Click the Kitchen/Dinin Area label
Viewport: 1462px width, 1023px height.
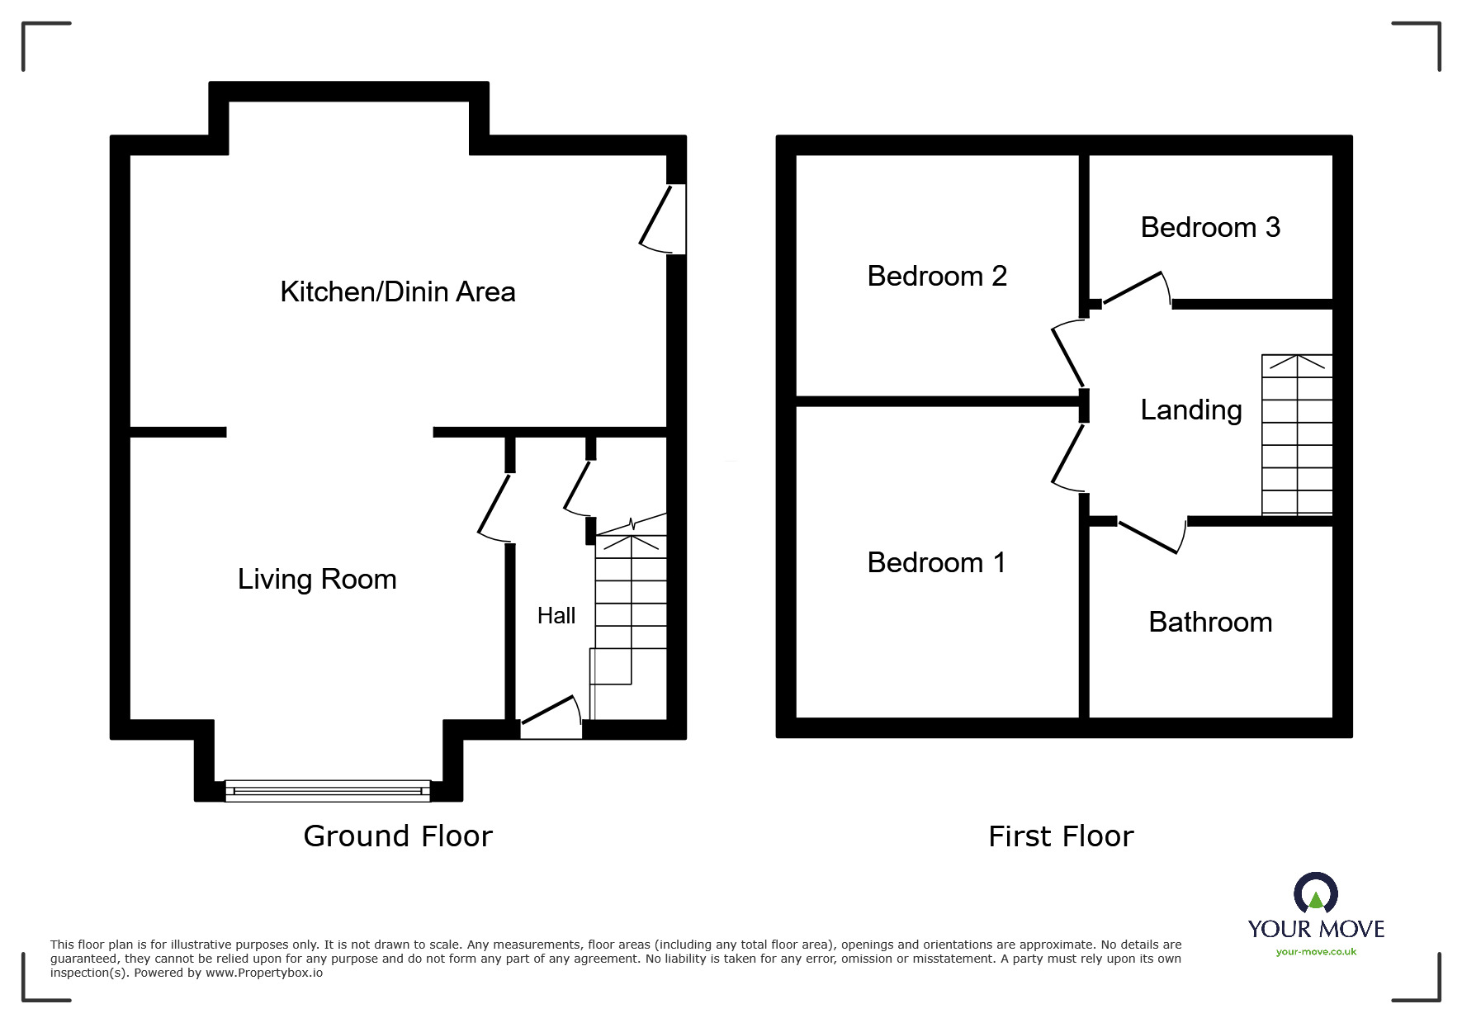point(397,291)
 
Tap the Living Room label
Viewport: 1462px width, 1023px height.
point(317,579)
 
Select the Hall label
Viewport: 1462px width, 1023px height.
point(556,615)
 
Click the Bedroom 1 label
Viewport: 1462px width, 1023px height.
point(936,562)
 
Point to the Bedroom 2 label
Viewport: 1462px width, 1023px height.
point(937,276)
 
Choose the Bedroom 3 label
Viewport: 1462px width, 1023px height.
point(1210,227)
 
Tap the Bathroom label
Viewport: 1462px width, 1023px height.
point(1210,622)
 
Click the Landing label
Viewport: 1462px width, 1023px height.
point(1190,410)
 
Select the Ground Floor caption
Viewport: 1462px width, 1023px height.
point(397,836)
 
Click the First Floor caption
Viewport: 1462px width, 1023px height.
point(1061,836)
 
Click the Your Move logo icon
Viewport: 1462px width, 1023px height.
point(1315,893)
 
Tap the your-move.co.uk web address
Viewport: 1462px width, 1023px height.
point(1316,952)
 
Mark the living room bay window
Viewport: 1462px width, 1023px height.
point(328,791)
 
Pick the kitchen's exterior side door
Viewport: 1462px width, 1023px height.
point(665,219)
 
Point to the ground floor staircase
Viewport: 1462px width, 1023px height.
point(630,611)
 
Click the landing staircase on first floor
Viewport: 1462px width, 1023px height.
point(1297,435)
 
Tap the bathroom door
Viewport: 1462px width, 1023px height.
point(1150,536)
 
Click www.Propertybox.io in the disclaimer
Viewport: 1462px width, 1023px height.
point(264,973)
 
